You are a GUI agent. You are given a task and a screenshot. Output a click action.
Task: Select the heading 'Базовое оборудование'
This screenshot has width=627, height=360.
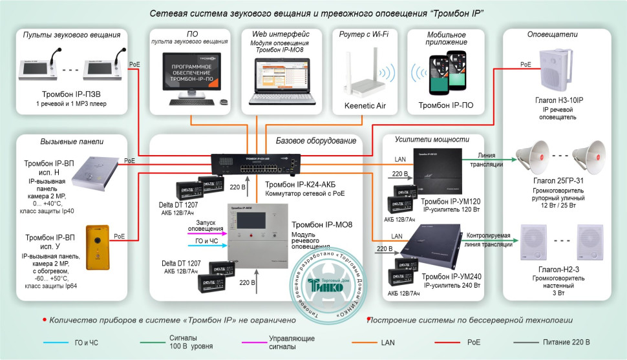tap(315, 141)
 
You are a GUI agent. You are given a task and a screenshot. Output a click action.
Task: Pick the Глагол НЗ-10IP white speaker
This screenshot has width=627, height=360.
tap(555, 69)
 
